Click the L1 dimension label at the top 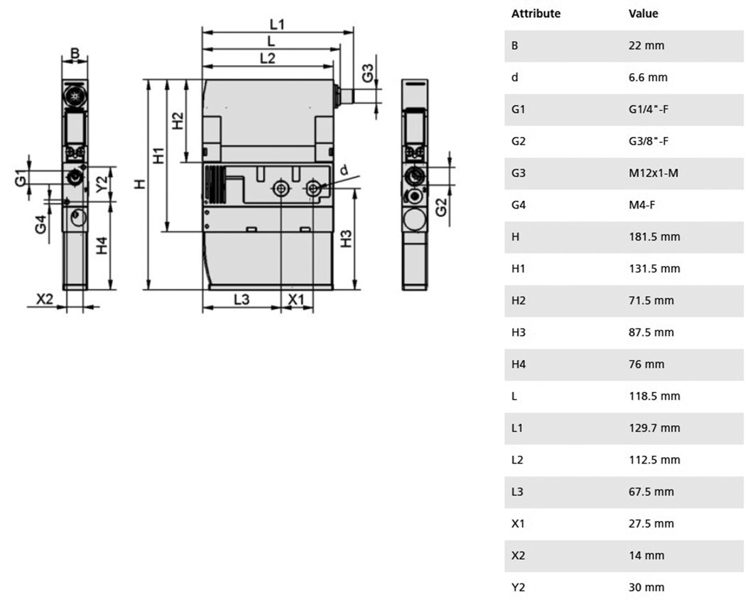[277, 23]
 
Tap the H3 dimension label [346, 238]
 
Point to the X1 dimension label [296, 300]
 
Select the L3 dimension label [241, 300]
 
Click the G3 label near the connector [367, 73]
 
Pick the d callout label [344, 170]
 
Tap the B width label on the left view [75, 53]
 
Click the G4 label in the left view [41, 224]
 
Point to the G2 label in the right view [441, 207]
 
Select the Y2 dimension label [102, 184]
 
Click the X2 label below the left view [45, 299]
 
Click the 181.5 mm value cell [654, 237]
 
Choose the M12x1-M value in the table [653, 173]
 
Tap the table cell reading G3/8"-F [648, 141]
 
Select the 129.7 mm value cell [654, 428]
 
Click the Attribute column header [536, 13]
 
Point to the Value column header [643, 13]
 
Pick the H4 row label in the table [518, 364]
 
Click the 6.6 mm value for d [648, 77]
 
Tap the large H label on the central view [140, 184]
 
